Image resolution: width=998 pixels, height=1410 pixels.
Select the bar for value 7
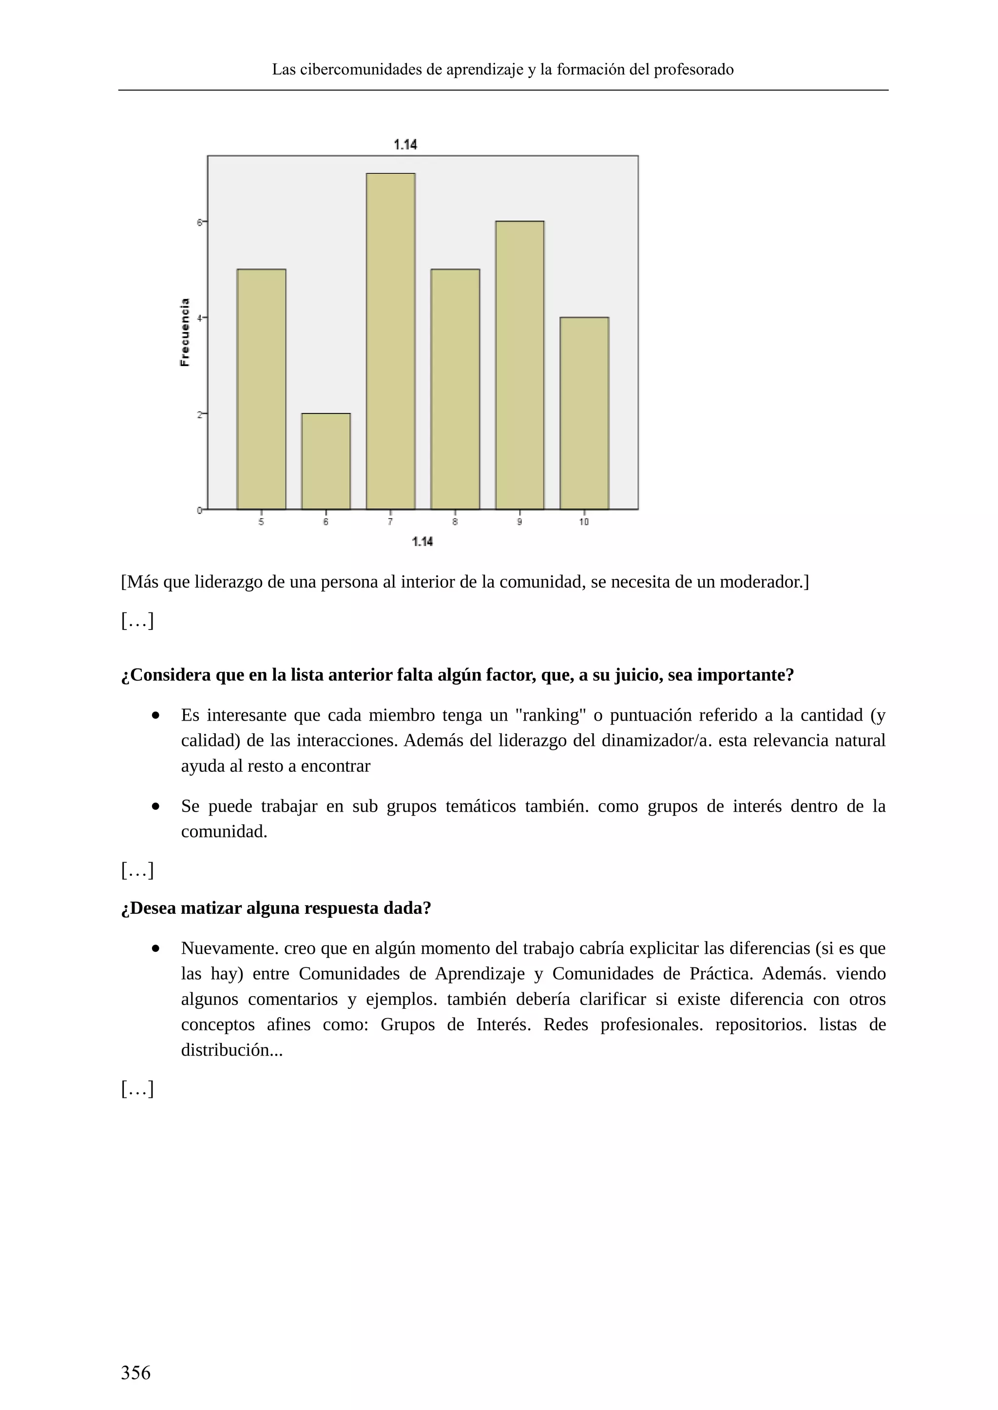click(x=390, y=341)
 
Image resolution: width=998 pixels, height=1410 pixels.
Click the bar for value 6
click(x=326, y=461)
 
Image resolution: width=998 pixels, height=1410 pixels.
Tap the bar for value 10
click(x=584, y=413)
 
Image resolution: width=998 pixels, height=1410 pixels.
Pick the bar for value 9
click(x=519, y=365)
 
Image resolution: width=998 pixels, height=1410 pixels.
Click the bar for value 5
click(x=261, y=390)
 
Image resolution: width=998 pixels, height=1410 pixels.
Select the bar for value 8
click(x=455, y=390)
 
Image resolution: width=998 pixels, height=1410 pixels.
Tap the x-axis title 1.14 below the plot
click(x=422, y=541)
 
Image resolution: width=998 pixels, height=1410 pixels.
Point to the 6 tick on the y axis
click(x=200, y=223)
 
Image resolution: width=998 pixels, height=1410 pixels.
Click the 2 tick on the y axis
click(x=200, y=414)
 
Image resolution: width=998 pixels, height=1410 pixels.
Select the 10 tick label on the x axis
click(x=584, y=522)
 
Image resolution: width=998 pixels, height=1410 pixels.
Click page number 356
click(x=136, y=1373)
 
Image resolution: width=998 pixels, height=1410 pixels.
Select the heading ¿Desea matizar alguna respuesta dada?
click(x=276, y=908)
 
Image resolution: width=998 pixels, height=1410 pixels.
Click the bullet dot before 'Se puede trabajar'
click(x=155, y=806)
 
